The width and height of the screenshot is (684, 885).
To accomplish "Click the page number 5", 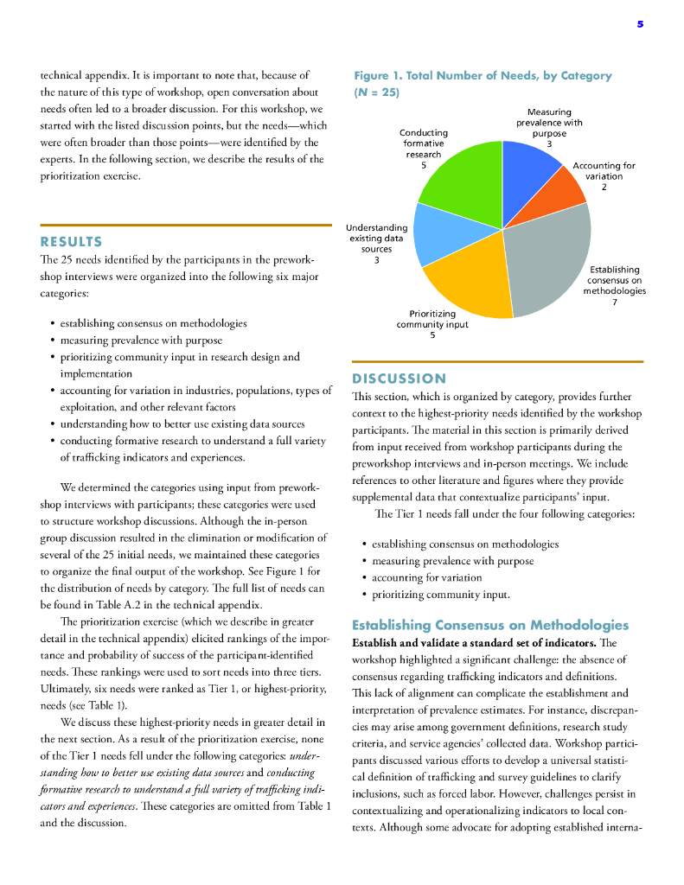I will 640,24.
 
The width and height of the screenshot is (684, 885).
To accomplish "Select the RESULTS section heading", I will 71,242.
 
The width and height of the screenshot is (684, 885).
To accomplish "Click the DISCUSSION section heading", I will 399,379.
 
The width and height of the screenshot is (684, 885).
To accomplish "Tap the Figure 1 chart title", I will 482,83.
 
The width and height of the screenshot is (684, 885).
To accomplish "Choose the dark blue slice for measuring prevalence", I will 529,169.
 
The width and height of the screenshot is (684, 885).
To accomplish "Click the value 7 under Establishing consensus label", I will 614,302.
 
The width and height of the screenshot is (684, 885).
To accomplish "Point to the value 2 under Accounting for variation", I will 604,187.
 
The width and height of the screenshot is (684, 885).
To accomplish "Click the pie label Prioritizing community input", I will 432,319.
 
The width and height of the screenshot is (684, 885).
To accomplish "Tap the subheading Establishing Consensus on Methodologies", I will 490,625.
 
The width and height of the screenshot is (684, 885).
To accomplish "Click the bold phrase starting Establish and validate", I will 467,643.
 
